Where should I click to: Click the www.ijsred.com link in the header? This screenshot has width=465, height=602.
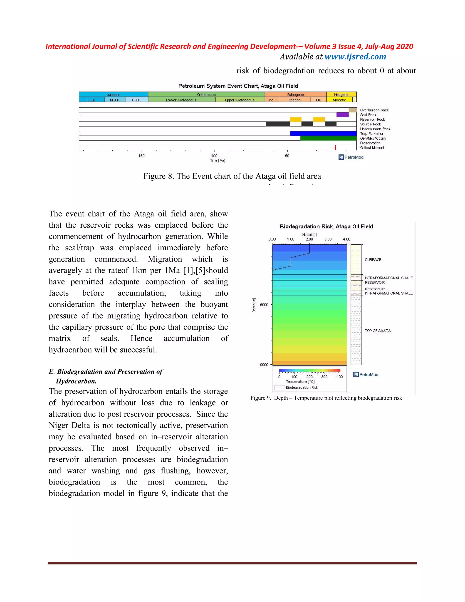pyautogui.click(x=355, y=57)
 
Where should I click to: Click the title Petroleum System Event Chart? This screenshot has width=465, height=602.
pyautogui.click(x=238, y=86)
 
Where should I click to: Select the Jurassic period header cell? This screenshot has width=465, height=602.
pyautogui.click(x=113, y=95)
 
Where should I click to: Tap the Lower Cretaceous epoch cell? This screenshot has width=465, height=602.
pyautogui.click(x=181, y=100)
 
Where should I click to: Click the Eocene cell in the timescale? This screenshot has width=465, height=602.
pyautogui.click(x=294, y=100)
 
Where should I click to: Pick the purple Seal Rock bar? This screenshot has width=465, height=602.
pyautogui.click(x=342, y=115)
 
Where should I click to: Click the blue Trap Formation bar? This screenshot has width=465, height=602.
pyautogui.click(x=323, y=133)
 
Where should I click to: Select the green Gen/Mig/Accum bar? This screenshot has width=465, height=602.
pyautogui.click(x=328, y=138)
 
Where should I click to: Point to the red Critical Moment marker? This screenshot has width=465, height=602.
pyautogui.click(x=335, y=148)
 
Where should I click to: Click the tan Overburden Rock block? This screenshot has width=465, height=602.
pyautogui.click(x=353, y=110)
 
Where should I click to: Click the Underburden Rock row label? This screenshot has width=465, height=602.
pyautogui.click(x=375, y=129)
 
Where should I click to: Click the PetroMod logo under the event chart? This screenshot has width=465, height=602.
pyautogui.click(x=351, y=157)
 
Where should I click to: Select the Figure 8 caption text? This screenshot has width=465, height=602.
pyautogui.click(x=232, y=176)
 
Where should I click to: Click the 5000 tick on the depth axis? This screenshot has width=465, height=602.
pyautogui.click(x=264, y=305)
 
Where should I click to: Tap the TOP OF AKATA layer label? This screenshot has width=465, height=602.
pyautogui.click(x=377, y=331)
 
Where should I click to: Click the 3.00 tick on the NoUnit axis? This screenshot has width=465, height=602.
pyautogui.click(x=328, y=239)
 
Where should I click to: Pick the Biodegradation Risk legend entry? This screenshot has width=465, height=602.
pyautogui.click(x=302, y=388)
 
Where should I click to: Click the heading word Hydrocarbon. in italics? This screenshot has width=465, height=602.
pyautogui.click(x=76, y=381)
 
